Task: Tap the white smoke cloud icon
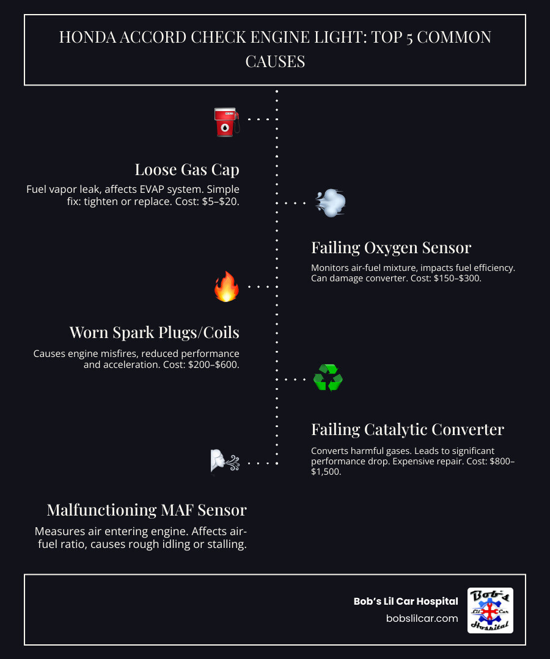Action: click(330, 203)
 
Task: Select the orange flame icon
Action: click(226, 286)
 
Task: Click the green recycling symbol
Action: click(328, 378)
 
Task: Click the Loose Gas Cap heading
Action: click(187, 169)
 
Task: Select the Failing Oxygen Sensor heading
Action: click(391, 248)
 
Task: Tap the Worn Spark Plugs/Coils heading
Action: click(154, 333)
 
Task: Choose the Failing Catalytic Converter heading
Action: click(408, 430)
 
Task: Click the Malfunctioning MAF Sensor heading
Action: click(147, 510)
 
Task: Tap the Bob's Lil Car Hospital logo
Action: click(490, 610)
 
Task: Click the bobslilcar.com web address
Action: click(422, 618)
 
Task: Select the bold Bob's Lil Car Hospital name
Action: click(406, 602)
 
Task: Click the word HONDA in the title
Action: click(86, 38)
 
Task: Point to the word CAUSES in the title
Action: click(275, 61)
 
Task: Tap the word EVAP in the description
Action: click(174, 189)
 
